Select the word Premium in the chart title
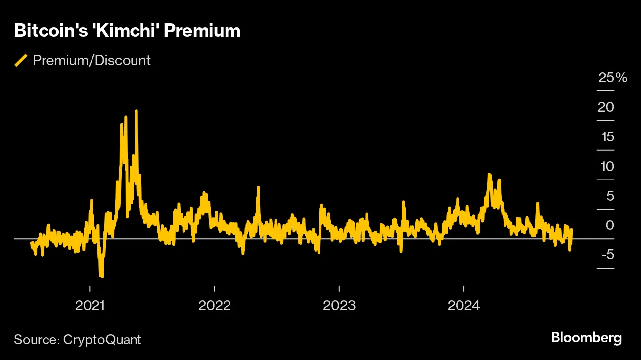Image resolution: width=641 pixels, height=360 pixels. pyautogui.click(x=202, y=31)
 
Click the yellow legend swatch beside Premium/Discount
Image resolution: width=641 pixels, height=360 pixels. pyautogui.click(x=21, y=61)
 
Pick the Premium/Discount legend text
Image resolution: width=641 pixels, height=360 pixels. pyautogui.click(x=92, y=61)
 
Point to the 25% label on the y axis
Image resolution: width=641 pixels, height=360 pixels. pyautogui.click(x=612, y=78)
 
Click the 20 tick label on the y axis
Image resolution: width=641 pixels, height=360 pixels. pyautogui.click(x=606, y=107)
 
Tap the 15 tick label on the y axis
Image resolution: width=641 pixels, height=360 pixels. pyautogui.click(x=606, y=136)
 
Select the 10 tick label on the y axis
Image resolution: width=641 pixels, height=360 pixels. pyautogui.click(x=606, y=166)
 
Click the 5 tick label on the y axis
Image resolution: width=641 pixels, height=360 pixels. pyautogui.click(x=609, y=196)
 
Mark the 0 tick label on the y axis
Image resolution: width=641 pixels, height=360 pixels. pyautogui.click(x=609, y=225)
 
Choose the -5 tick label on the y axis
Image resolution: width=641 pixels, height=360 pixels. pyautogui.click(x=607, y=255)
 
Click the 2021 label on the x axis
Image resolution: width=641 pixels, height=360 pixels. pyautogui.click(x=90, y=306)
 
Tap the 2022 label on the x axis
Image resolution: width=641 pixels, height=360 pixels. pyautogui.click(x=214, y=306)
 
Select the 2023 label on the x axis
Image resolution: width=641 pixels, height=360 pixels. pyautogui.click(x=339, y=306)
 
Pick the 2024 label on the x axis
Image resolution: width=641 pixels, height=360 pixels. pyautogui.click(x=463, y=306)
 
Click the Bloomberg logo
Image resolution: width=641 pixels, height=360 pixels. pyautogui.click(x=586, y=338)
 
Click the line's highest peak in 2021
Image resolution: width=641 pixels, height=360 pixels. pyautogui.click(x=136, y=111)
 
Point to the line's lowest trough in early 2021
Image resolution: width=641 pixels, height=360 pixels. pyautogui.click(x=102, y=276)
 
